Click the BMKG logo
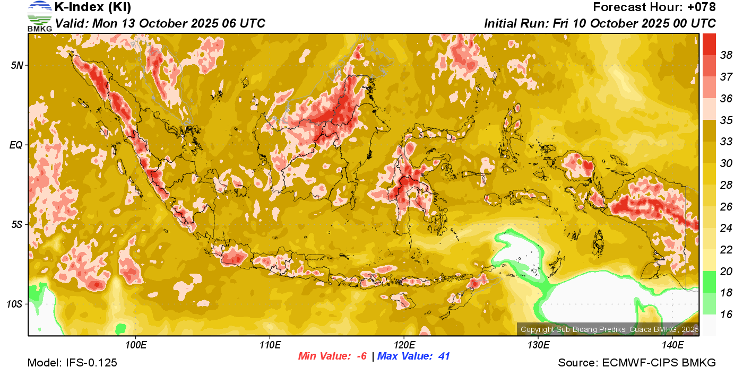pos(40,16)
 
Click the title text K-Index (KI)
pos(93,7)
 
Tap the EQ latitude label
pos(16,145)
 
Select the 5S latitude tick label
pos(16,224)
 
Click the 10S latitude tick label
pos(14,304)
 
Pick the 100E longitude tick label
pos(136,345)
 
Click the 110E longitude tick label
pos(270,345)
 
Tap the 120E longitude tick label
pos(404,345)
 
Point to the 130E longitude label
pos(538,345)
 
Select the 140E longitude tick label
pos(673,345)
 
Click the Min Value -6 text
pos(333,356)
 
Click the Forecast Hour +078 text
pos(654,7)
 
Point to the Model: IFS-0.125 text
pos(72,363)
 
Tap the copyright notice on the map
pos(609,329)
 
